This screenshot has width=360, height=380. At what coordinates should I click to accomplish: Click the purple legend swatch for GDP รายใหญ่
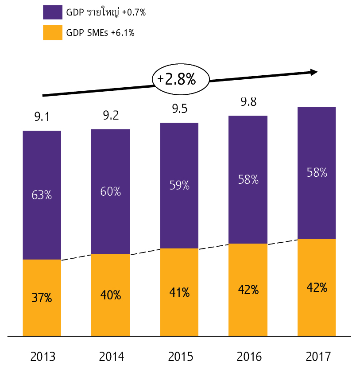pos(52,12)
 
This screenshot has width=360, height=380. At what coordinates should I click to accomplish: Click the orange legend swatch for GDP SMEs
pos(52,32)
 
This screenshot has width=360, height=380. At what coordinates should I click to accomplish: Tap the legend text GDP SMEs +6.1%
pos(100,32)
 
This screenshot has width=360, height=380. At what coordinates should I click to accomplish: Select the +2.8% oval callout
pos(180,79)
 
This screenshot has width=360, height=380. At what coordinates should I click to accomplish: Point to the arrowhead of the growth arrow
pos(314,72)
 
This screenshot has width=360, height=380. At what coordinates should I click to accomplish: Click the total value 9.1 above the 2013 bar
pos(42,117)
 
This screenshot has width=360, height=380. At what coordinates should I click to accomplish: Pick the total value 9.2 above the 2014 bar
pos(111,116)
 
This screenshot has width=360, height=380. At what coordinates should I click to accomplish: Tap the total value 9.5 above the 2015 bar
pos(179,109)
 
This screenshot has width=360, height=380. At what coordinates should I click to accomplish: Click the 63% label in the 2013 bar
pos(42,195)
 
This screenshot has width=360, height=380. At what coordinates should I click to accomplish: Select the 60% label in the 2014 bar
pos(111,192)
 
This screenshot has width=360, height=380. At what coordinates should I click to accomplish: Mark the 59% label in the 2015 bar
pos(179,186)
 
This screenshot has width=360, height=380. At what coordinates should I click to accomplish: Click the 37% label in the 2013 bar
pos(42,298)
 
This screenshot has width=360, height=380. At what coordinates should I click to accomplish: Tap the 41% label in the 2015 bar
pos(179,293)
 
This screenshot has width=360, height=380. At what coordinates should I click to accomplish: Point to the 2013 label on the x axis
pos(43,357)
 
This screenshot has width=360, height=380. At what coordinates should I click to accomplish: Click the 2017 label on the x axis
pos(318,357)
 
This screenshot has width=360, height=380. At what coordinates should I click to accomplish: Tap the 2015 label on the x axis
pos(181,357)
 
